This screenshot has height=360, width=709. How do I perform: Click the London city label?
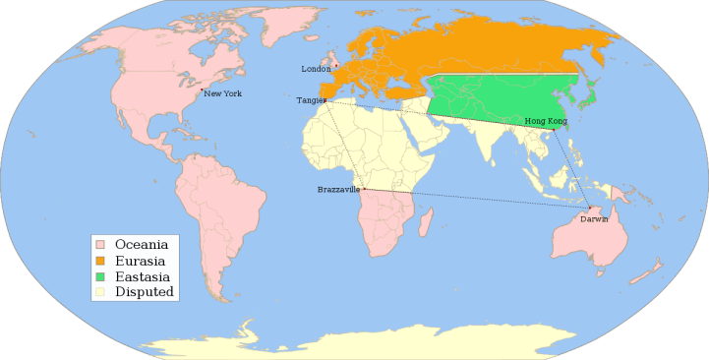click(316, 69)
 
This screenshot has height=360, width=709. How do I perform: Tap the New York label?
click(223, 93)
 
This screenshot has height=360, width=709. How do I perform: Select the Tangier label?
click(309, 100)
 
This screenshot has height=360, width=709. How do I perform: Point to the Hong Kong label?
click(546, 121)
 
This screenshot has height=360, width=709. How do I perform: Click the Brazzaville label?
click(338, 189)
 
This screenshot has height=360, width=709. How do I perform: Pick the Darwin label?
click(594, 218)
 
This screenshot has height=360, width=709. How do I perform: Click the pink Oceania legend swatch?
click(100, 243)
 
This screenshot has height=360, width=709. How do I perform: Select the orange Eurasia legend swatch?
click(100, 260)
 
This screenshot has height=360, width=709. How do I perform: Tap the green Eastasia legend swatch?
click(100, 276)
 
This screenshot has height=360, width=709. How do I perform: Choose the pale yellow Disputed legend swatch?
click(100, 292)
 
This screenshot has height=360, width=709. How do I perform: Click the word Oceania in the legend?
click(142, 243)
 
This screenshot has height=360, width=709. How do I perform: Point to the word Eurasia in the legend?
click(140, 260)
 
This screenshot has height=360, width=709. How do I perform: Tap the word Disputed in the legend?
click(145, 292)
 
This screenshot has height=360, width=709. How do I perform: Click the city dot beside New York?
click(203, 91)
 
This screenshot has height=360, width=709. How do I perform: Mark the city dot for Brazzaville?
click(364, 188)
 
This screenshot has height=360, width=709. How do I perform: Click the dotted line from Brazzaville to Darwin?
click(477, 198)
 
